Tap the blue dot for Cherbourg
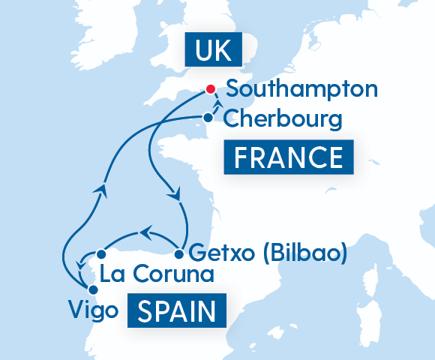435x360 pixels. point(208,117)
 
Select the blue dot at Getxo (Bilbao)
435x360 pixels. point(179,253)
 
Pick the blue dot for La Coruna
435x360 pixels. point(100,253)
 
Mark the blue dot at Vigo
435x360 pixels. point(92,289)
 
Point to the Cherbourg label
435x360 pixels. point(283,118)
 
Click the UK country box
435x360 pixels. point(214,51)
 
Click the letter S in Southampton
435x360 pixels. point(233,89)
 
